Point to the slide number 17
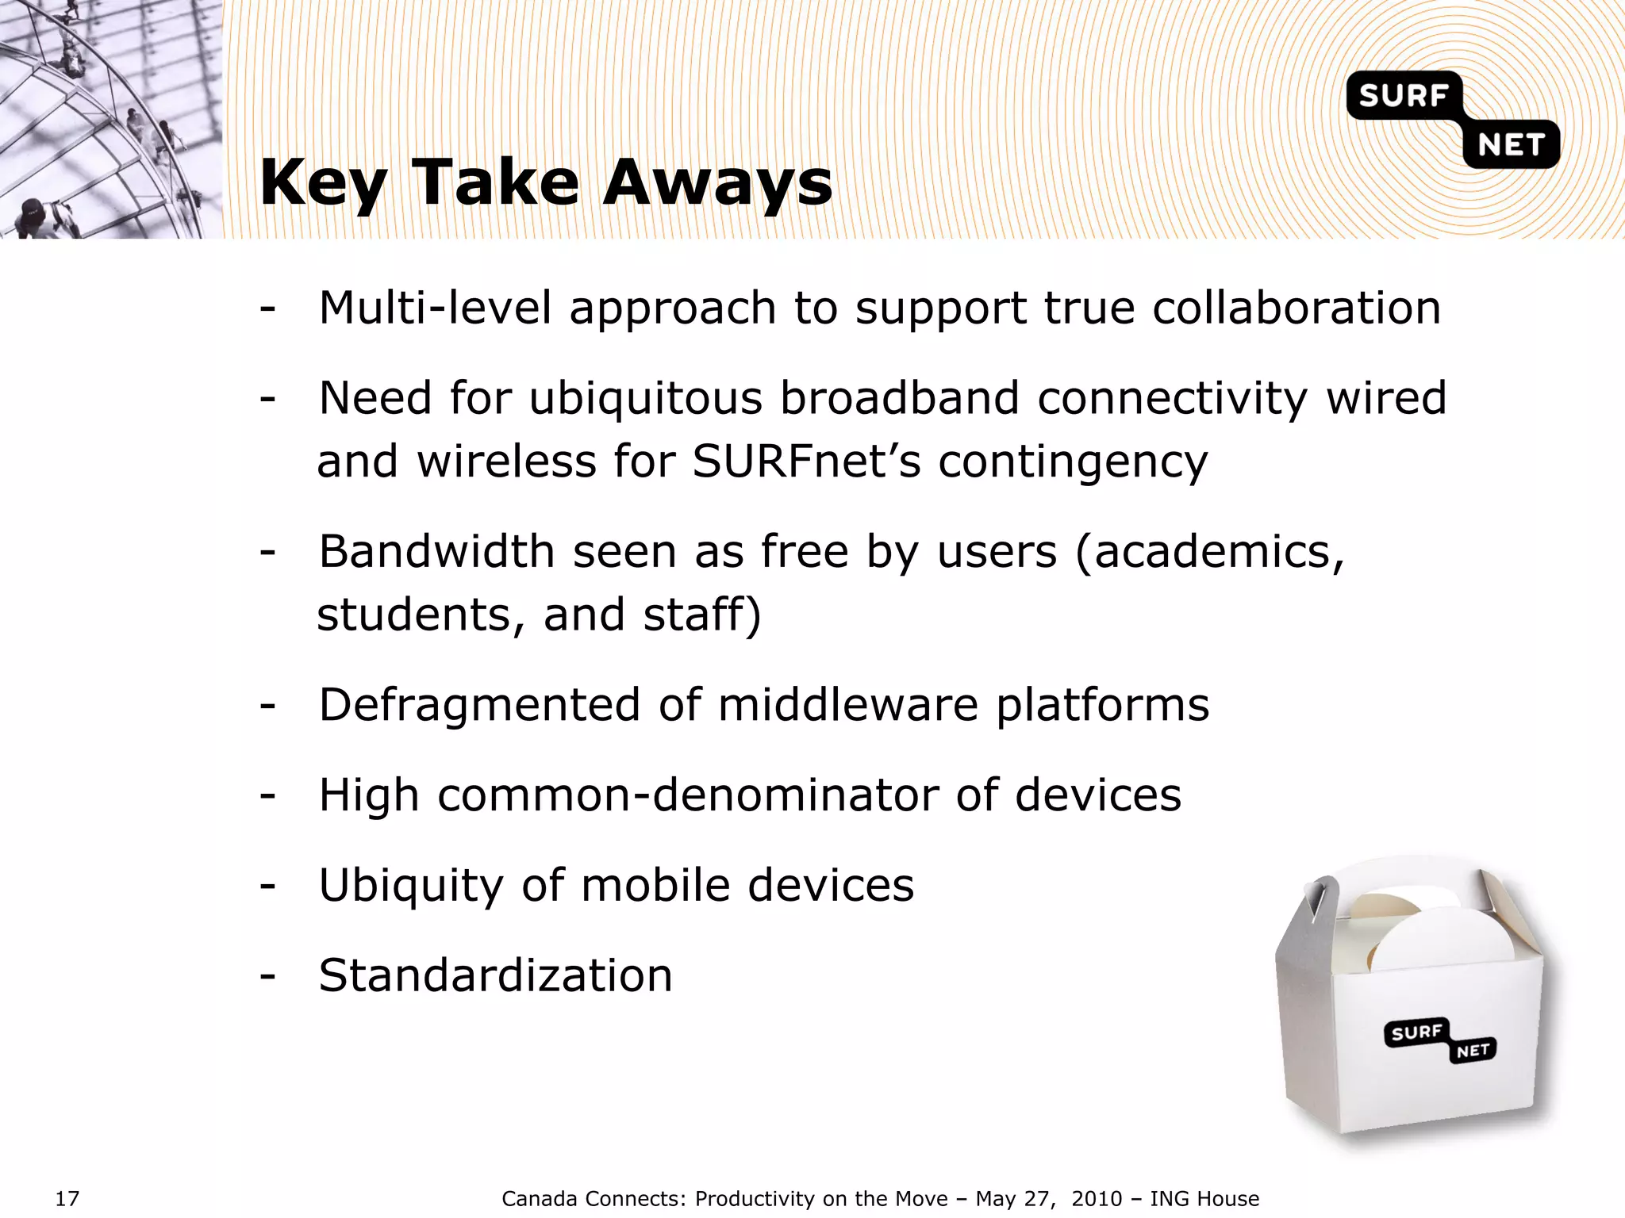coord(67,1198)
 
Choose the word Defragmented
coord(478,705)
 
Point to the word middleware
coord(847,705)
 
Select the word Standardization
coord(495,975)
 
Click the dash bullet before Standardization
coord(267,975)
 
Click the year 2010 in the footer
coord(1097,1198)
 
